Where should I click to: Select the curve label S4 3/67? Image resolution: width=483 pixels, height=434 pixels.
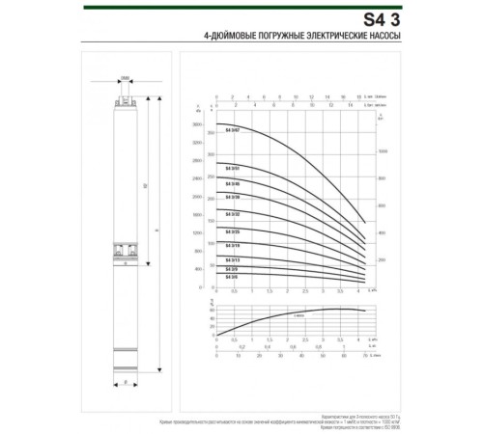(x=232, y=129)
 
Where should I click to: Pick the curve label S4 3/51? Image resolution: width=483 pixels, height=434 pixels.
(x=232, y=169)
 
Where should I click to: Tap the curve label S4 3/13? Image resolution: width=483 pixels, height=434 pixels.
(x=232, y=260)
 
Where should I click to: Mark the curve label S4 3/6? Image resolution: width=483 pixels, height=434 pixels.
(x=232, y=277)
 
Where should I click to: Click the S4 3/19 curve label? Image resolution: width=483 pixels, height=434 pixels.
(x=232, y=247)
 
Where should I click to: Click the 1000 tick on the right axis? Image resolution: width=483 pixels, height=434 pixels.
(x=381, y=152)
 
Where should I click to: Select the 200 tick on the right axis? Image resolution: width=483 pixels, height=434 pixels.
(x=381, y=260)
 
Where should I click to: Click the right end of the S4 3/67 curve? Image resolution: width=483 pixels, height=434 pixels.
(x=364, y=224)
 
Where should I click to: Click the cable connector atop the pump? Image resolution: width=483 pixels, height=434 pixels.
(x=126, y=96)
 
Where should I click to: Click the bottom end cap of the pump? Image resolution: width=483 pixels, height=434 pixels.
(x=126, y=369)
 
